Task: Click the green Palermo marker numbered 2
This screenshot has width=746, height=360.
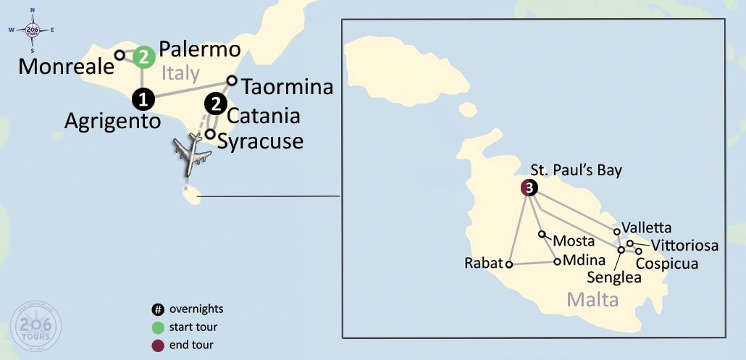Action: (145, 56)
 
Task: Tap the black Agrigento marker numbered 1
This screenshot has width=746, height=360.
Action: (143, 98)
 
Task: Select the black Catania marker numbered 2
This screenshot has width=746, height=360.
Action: (215, 104)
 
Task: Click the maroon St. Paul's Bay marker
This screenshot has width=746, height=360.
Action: (530, 188)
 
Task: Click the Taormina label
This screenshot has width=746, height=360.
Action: (287, 88)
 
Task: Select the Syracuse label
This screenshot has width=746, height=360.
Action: (261, 141)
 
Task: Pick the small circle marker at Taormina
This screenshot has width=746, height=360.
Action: (232, 80)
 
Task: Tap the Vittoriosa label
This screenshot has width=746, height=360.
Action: (684, 246)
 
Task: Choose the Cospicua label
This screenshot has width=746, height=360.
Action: (666, 264)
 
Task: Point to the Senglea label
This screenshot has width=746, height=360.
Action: (613, 277)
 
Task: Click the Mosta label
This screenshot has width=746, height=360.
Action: (574, 240)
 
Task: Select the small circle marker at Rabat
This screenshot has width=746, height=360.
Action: (509, 264)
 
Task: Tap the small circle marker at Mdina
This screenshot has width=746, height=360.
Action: (556, 261)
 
